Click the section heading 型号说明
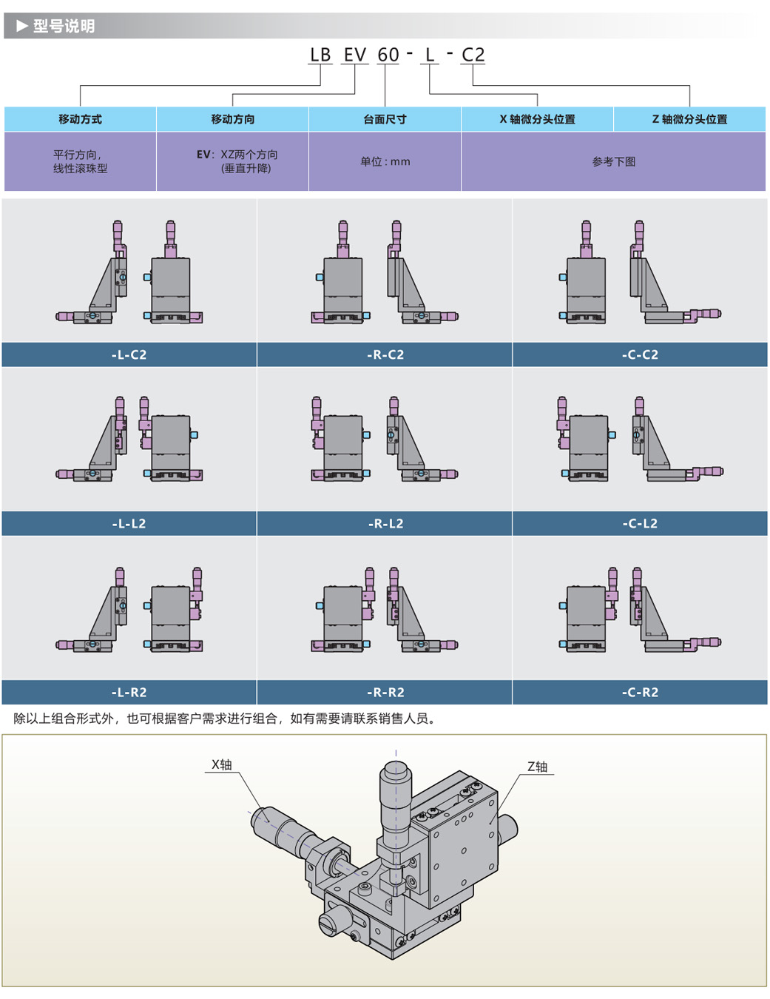(x=64, y=26)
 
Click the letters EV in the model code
(x=355, y=55)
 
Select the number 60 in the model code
(x=388, y=55)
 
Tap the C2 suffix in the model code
(x=473, y=55)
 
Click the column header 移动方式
(x=80, y=120)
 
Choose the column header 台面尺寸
(x=385, y=120)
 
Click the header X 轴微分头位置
(x=537, y=120)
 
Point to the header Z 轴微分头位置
(x=689, y=120)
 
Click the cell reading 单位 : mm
(x=385, y=162)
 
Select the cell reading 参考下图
(x=614, y=162)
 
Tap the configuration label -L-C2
(x=129, y=354)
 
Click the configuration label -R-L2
(x=385, y=523)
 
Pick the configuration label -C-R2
(x=640, y=692)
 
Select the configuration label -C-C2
(x=640, y=354)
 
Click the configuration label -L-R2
(x=129, y=692)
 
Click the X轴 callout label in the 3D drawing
(x=221, y=764)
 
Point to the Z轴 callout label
(x=537, y=767)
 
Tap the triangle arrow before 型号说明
(x=22, y=26)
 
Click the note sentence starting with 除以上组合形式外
(x=225, y=719)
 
